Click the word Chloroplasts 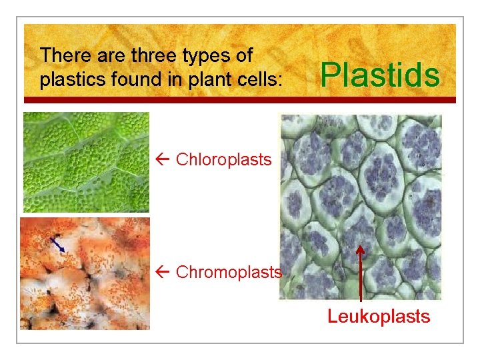pyautogui.click(x=223, y=159)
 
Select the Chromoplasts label pyautogui.click(x=229, y=272)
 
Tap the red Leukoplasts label pyautogui.click(x=379, y=316)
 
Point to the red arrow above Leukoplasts pyautogui.click(x=360, y=273)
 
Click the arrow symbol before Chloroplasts pyautogui.click(x=165, y=159)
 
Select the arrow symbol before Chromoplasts pyautogui.click(x=165, y=272)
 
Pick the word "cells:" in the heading pyautogui.click(x=264, y=80)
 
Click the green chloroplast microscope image pyautogui.click(x=86, y=162)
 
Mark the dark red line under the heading pyautogui.click(x=240, y=100)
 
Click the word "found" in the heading pyautogui.click(x=131, y=80)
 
